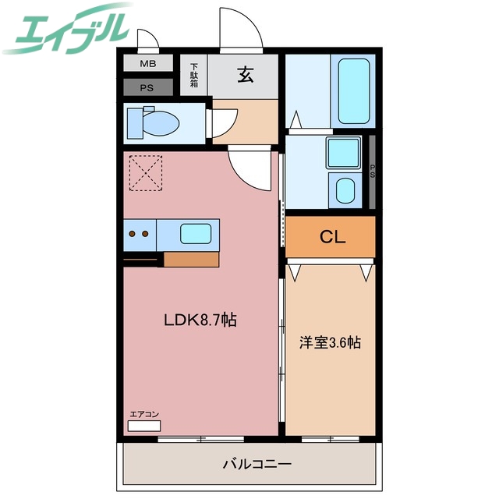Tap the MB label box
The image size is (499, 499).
147,65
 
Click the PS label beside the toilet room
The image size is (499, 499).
147,87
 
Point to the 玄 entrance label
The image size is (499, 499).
246,76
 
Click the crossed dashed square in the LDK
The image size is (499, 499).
147,172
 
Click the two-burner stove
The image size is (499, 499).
140,232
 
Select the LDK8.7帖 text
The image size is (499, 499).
200,319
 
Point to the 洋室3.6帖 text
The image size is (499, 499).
331,342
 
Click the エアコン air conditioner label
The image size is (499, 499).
144,415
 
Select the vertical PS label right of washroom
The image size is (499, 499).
373,171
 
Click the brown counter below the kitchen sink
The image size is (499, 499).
191,259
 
